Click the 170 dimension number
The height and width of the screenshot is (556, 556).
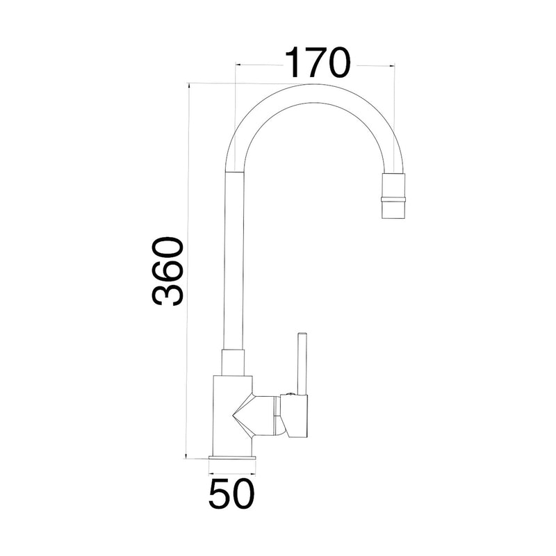click(x=318, y=63)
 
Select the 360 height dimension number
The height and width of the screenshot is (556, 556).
click(x=167, y=271)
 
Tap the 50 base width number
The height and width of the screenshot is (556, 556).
click(x=232, y=494)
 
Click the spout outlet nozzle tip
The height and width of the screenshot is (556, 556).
click(x=393, y=210)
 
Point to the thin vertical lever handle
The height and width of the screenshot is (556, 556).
click(x=302, y=363)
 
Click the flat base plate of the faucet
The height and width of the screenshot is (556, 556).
click(x=232, y=457)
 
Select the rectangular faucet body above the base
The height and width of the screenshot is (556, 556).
click(x=232, y=415)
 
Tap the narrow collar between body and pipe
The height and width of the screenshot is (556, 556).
click(x=234, y=362)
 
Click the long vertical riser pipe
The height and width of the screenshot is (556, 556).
click(x=235, y=261)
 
